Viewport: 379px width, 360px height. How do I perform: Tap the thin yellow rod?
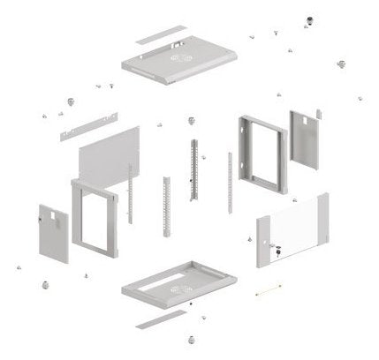(268, 289)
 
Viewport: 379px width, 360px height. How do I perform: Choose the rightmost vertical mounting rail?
(230, 184)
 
